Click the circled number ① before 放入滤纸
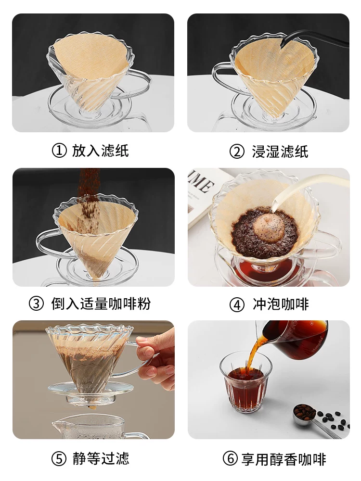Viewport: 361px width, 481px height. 59,151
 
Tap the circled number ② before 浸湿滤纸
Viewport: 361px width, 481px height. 237,152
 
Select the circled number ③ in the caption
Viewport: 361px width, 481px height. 37,304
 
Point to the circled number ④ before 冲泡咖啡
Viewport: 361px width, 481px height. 237,304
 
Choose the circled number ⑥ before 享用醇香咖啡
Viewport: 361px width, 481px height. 230,459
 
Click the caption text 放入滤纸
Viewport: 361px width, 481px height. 100,151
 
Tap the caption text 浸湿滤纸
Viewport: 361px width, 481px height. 280,152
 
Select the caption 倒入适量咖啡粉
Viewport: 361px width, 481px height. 101,304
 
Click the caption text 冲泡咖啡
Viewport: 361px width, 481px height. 281,304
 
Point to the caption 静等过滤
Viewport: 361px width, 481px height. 101,458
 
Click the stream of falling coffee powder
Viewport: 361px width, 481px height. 90,192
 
